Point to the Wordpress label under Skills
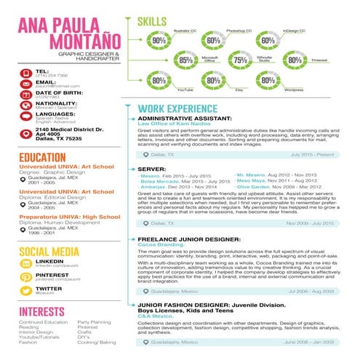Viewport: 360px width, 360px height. (294, 89)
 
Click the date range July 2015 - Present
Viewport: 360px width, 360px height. (311, 155)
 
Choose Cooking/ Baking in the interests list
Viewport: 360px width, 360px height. (97, 341)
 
